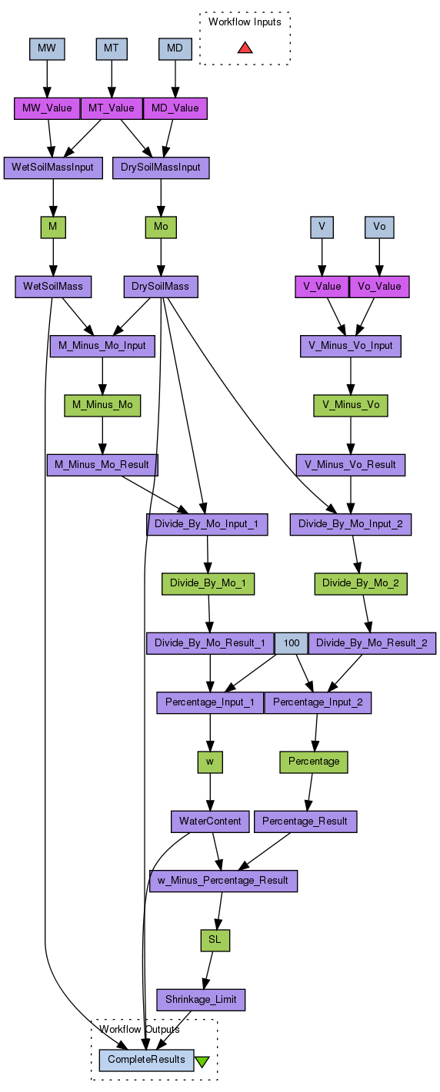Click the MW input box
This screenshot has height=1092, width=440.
[47, 48]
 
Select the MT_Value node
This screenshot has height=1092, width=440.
[112, 108]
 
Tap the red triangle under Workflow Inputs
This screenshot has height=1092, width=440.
[245, 48]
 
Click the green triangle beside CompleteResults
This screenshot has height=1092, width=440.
[202, 1061]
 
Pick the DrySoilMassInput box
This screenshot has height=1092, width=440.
[161, 168]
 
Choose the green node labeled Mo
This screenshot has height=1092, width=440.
[161, 227]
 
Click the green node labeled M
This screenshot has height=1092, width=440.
[53, 227]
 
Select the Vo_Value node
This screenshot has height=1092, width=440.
[379, 287]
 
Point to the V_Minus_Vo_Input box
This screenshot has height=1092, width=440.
[351, 346]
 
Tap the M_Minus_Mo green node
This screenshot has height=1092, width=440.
[102, 405]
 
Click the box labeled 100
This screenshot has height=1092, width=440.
[292, 643]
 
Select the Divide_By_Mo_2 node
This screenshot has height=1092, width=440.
[361, 583]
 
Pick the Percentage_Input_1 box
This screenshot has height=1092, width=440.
[210, 702]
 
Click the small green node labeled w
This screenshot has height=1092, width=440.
[210, 762]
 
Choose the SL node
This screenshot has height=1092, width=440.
[215, 941]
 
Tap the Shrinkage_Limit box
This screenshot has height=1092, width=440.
[201, 1000]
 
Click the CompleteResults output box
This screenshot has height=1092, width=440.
[146, 1060]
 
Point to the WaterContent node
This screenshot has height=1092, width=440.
[210, 821]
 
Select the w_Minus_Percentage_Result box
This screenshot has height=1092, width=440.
[223, 881]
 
